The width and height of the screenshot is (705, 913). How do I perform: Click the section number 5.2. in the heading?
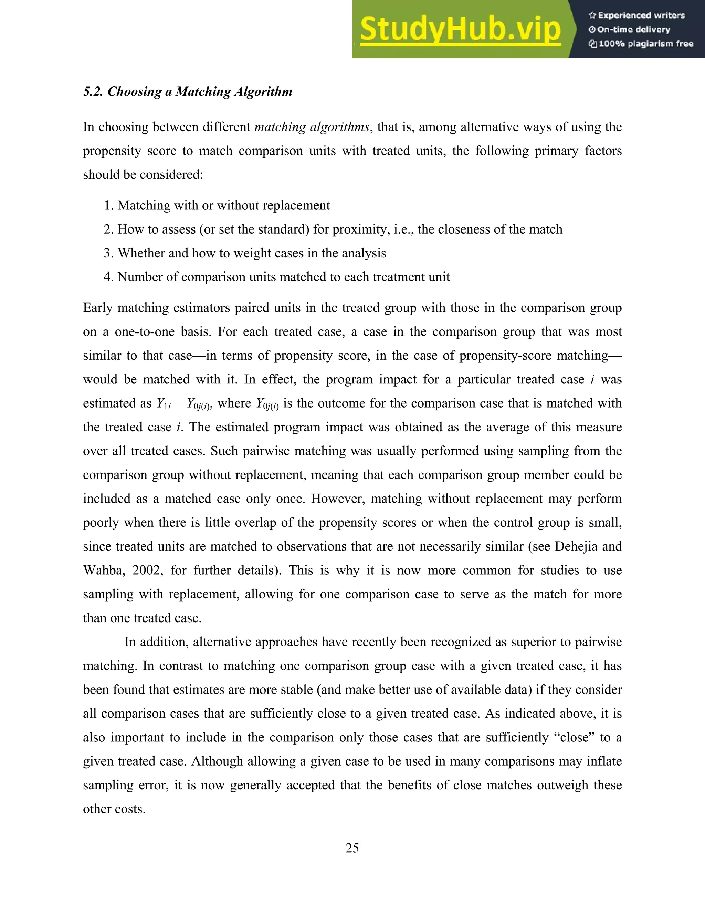pos(93,92)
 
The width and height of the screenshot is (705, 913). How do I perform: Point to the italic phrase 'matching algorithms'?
pos(312,127)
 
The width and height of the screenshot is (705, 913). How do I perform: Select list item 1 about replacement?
pos(217,205)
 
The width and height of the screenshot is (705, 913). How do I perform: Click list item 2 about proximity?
pos(333,229)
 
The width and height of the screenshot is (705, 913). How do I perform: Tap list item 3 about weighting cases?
pos(245,253)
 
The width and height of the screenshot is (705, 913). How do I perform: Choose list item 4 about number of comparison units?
pos(276,277)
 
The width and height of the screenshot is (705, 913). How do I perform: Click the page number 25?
pos(352,848)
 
